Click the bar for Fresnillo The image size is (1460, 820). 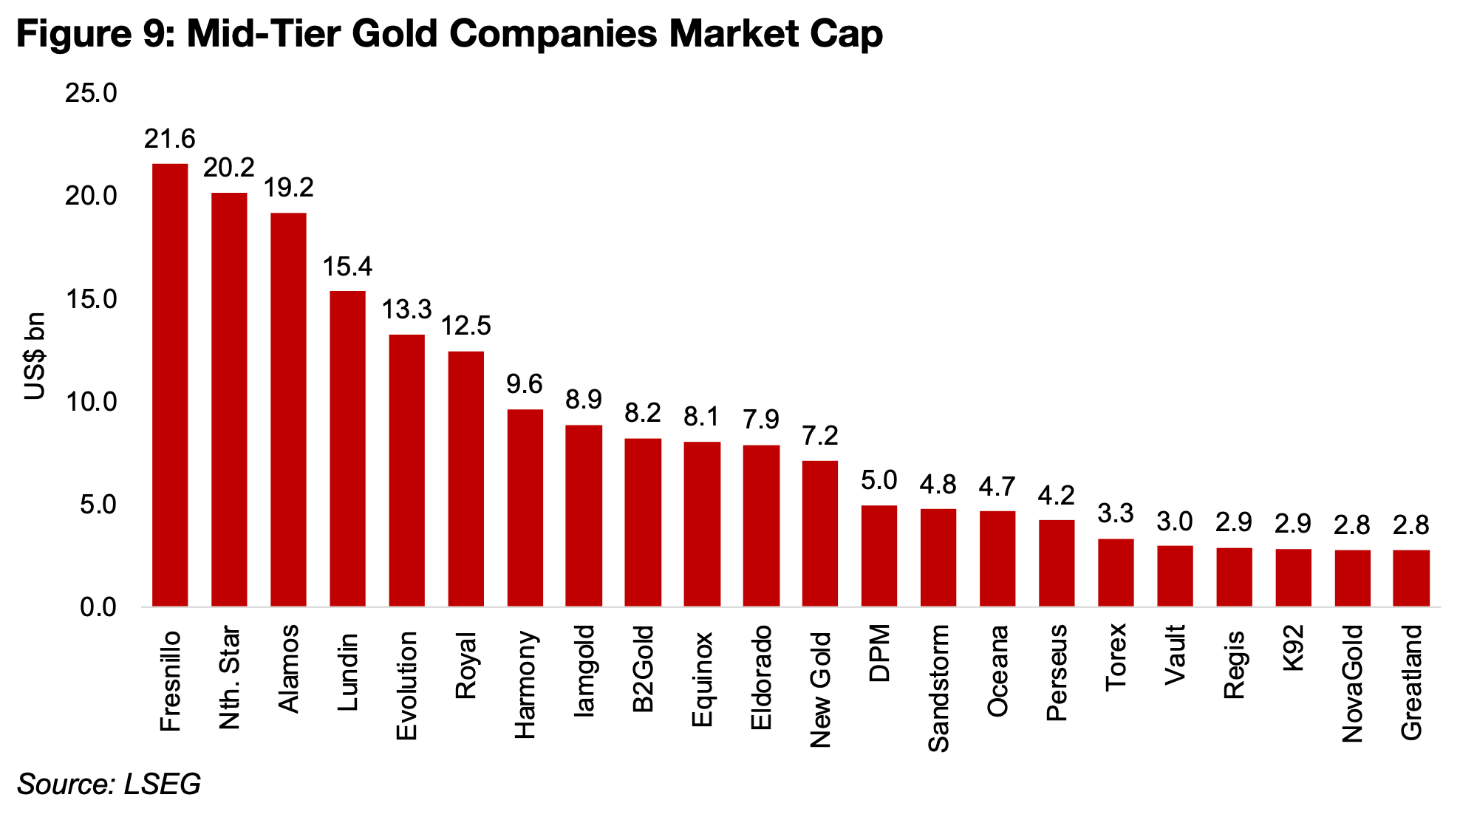tap(170, 384)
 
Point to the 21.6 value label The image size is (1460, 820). tap(170, 139)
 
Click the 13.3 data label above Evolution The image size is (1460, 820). tap(406, 310)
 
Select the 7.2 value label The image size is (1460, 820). tap(820, 436)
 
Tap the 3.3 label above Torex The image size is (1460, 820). tap(1116, 513)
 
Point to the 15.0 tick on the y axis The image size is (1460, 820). tap(92, 299)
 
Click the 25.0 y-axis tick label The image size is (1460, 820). tap(92, 93)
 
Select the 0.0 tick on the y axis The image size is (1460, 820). tap(98, 607)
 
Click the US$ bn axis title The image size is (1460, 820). tap(35, 356)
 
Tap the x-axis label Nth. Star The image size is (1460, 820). tap(230, 678)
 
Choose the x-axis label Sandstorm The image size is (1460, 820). tap(938, 689)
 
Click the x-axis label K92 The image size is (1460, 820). tap(1293, 648)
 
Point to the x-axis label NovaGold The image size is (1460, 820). tap(1352, 683)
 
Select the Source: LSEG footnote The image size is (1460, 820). tap(109, 785)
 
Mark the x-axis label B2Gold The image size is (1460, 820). tap(643, 669)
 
